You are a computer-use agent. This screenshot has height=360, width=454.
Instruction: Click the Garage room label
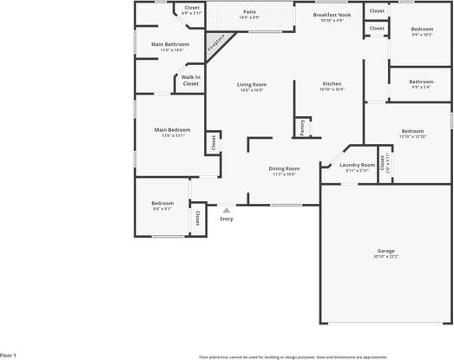385,250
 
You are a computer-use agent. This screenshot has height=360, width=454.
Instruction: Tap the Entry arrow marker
227,209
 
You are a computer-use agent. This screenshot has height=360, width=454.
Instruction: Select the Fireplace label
214,43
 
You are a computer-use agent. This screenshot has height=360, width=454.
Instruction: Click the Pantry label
302,127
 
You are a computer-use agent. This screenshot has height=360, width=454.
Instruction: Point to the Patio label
249,12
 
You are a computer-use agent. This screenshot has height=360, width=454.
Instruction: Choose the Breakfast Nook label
332,15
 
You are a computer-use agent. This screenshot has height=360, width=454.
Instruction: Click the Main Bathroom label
170,44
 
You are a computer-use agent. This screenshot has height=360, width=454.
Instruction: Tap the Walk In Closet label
191,80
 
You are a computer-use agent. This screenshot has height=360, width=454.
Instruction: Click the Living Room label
251,84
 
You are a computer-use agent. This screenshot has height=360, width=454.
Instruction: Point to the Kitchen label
332,84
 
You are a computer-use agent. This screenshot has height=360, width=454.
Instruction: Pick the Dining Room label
284,168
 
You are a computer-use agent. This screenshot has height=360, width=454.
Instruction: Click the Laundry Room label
357,165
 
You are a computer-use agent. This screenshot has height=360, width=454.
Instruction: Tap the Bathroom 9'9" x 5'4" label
422,82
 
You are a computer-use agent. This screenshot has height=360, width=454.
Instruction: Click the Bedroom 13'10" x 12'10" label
411,131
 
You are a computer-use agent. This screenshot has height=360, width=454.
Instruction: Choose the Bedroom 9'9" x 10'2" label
422,29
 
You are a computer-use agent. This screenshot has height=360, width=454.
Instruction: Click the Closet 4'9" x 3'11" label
191,9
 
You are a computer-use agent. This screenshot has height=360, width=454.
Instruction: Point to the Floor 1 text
8,356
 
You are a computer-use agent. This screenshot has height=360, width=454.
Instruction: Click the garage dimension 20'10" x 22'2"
385,256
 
